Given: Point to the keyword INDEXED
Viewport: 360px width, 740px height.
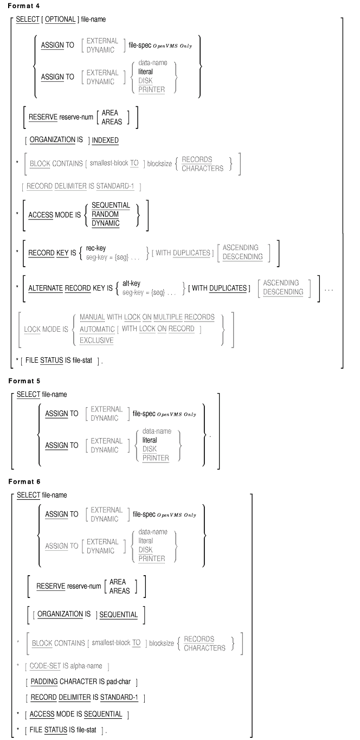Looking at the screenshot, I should point(105,140).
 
